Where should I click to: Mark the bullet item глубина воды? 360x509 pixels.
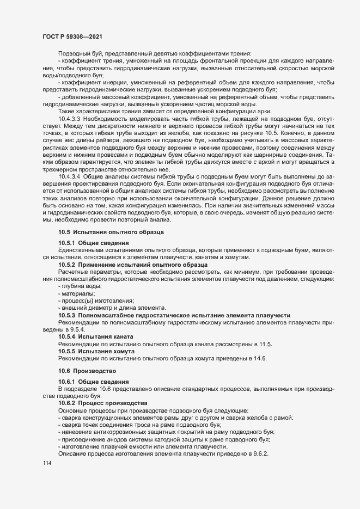82,286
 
